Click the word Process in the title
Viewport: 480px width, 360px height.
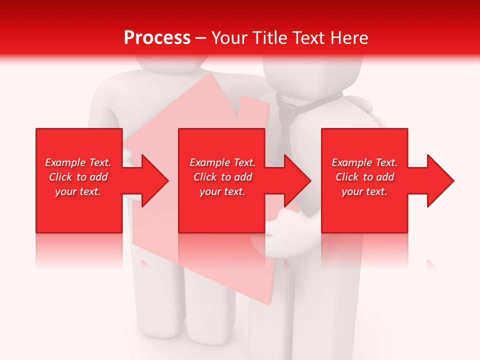click(x=157, y=38)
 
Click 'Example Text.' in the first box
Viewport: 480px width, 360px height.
click(x=78, y=162)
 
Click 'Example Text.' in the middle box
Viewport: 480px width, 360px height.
click(x=222, y=162)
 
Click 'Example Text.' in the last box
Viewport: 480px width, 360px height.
click(x=364, y=162)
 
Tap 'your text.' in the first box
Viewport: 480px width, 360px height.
click(x=78, y=191)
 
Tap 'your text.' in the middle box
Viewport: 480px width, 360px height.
click(x=222, y=191)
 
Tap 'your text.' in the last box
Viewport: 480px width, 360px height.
click(x=364, y=191)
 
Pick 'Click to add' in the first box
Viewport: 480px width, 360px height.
click(x=78, y=177)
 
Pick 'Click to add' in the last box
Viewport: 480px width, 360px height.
click(x=364, y=177)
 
